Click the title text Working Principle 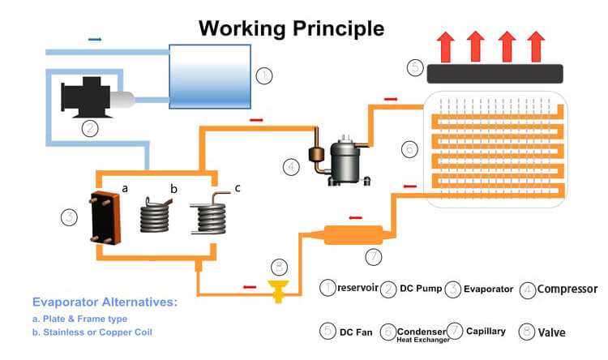click(292, 29)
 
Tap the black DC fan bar click(495, 72)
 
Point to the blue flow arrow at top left click(95, 38)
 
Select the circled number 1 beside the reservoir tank click(263, 76)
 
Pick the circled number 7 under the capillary click(373, 257)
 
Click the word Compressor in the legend click(567, 289)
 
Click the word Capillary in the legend click(486, 331)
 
